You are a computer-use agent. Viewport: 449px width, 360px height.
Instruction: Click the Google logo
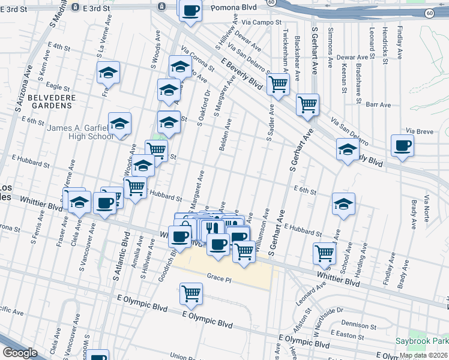click(20, 353)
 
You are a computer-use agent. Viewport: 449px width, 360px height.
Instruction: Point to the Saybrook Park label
click(420, 341)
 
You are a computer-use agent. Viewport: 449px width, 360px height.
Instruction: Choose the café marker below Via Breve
click(402, 146)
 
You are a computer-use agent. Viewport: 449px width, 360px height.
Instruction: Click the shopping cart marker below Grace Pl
click(191, 294)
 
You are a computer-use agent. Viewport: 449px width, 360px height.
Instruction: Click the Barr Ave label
click(378, 104)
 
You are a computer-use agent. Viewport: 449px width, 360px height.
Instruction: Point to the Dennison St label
click(361, 325)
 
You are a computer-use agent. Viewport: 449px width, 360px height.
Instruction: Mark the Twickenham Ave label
click(285, 49)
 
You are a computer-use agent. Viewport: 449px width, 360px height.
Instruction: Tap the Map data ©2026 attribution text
click(423, 355)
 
